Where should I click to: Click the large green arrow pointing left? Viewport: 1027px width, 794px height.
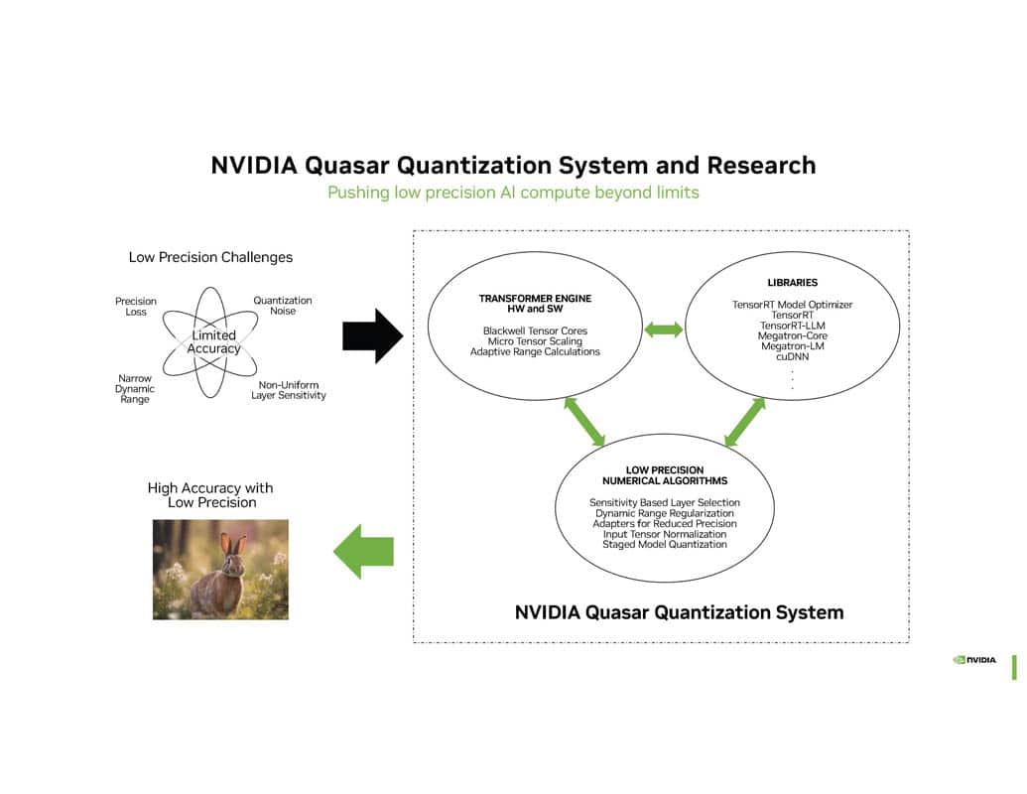(x=363, y=552)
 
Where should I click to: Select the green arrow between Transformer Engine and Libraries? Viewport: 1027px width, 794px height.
(x=664, y=330)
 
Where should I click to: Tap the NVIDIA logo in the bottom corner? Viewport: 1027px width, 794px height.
(x=974, y=659)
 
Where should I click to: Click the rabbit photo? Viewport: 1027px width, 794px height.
(x=220, y=570)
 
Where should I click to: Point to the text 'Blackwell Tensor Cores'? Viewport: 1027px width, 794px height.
(x=535, y=331)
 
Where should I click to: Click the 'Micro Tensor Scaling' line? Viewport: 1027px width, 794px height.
(x=535, y=341)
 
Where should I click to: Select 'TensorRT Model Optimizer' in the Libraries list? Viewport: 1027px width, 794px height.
(x=792, y=305)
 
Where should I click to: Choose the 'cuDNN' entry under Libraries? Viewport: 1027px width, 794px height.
(x=792, y=356)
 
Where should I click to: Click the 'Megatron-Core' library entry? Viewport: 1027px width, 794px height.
(x=792, y=335)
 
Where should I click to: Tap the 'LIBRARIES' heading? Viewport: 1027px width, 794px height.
(x=792, y=283)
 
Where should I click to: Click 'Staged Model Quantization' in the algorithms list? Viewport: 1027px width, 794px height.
(x=665, y=544)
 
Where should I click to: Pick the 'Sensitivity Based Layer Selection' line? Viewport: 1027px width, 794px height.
(x=665, y=502)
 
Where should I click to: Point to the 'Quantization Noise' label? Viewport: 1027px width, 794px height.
(x=282, y=306)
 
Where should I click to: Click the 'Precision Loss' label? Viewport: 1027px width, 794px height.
(x=136, y=307)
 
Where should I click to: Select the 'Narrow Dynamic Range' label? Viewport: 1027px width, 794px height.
(x=135, y=389)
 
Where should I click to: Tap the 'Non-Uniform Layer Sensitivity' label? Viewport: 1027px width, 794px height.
(x=288, y=390)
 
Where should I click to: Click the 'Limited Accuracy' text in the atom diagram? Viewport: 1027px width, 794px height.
(x=214, y=342)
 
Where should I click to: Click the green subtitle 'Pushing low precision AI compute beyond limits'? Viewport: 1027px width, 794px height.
(x=513, y=193)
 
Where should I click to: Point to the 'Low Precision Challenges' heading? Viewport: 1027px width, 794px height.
(x=210, y=257)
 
